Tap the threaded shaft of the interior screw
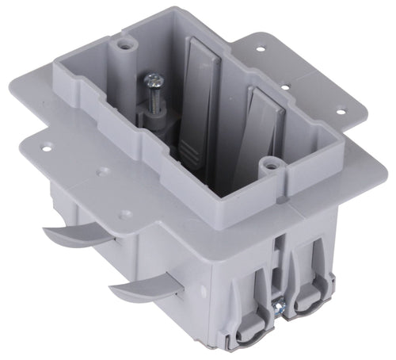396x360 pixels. point(151,98)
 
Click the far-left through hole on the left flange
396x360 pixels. point(48,147)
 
